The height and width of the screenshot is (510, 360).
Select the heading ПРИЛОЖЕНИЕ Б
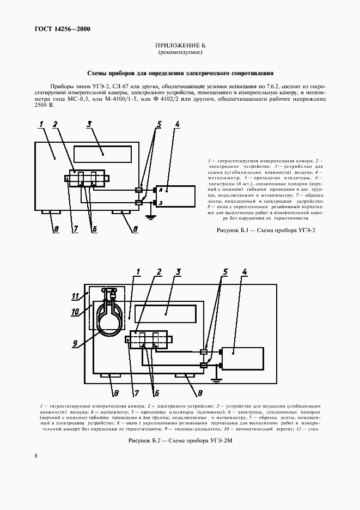[x=180, y=47]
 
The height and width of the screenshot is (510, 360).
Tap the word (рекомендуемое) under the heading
[x=180, y=53]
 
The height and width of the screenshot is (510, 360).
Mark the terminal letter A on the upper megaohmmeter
[x=162, y=190]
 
